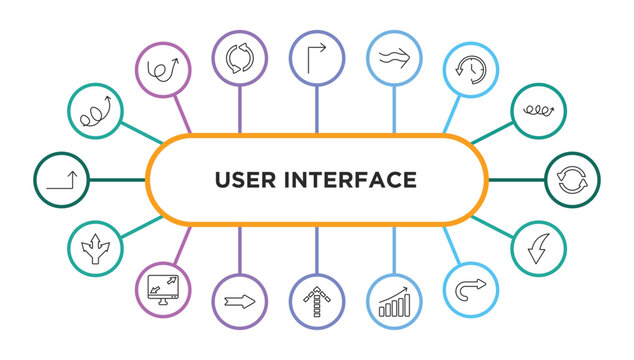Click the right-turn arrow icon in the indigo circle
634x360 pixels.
(x=316, y=57)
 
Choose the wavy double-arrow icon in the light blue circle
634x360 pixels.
(x=393, y=57)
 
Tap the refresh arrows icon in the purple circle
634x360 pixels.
(x=240, y=57)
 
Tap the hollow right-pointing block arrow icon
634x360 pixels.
(x=240, y=301)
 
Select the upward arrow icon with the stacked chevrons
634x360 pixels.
(x=316, y=301)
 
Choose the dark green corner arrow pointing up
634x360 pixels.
(x=61, y=180)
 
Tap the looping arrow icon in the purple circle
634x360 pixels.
(x=163, y=70)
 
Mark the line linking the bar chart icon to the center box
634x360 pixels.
(x=393, y=250)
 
